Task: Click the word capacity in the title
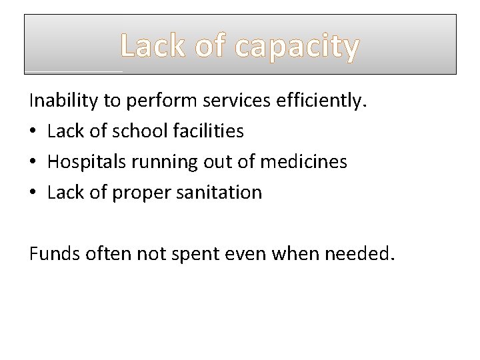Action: [x=299, y=47]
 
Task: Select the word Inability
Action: [x=65, y=101]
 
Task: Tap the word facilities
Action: [x=207, y=131]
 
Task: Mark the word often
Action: [x=102, y=253]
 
